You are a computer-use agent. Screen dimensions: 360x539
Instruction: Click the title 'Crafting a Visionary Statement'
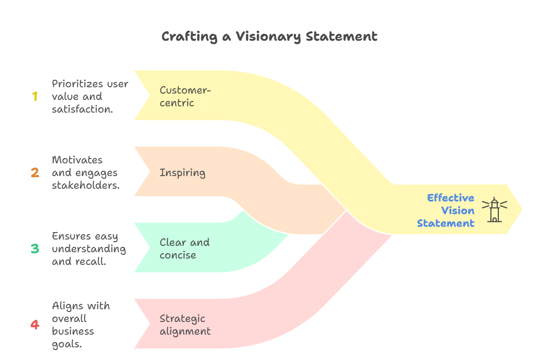click(x=269, y=36)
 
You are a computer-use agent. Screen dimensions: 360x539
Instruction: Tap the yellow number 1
click(x=35, y=97)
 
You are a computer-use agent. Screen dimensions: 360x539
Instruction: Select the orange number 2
click(x=35, y=173)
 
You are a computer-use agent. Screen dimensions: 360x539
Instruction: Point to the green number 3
click(x=35, y=249)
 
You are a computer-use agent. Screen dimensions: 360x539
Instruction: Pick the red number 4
click(x=35, y=325)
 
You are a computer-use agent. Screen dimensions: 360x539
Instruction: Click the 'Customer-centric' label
click(x=185, y=97)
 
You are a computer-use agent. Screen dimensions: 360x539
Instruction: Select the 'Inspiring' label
click(x=182, y=173)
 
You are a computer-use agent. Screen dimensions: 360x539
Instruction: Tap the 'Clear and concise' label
click(x=184, y=249)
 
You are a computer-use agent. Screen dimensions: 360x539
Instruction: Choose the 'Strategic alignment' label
click(x=185, y=325)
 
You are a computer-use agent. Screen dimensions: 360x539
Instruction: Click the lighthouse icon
click(x=494, y=210)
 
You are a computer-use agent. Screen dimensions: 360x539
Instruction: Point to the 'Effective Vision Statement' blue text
click(x=447, y=210)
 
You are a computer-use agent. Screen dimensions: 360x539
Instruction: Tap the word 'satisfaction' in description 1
click(x=82, y=109)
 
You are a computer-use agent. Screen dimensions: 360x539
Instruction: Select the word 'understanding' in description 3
click(x=89, y=249)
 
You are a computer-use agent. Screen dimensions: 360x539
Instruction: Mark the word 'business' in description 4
click(x=73, y=331)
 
